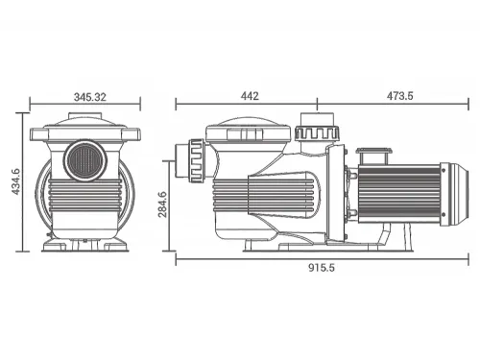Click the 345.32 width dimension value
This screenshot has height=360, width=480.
[x=89, y=97]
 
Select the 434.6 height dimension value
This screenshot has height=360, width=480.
[x=16, y=181]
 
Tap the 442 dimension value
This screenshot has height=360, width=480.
[x=250, y=96]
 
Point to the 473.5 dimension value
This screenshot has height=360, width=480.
[x=400, y=96]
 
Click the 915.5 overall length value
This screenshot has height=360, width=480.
[x=322, y=267]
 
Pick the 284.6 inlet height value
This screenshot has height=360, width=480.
[x=162, y=204]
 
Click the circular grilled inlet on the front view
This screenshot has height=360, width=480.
[x=85, y=159]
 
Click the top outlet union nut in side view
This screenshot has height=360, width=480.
[x=317, y=132]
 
